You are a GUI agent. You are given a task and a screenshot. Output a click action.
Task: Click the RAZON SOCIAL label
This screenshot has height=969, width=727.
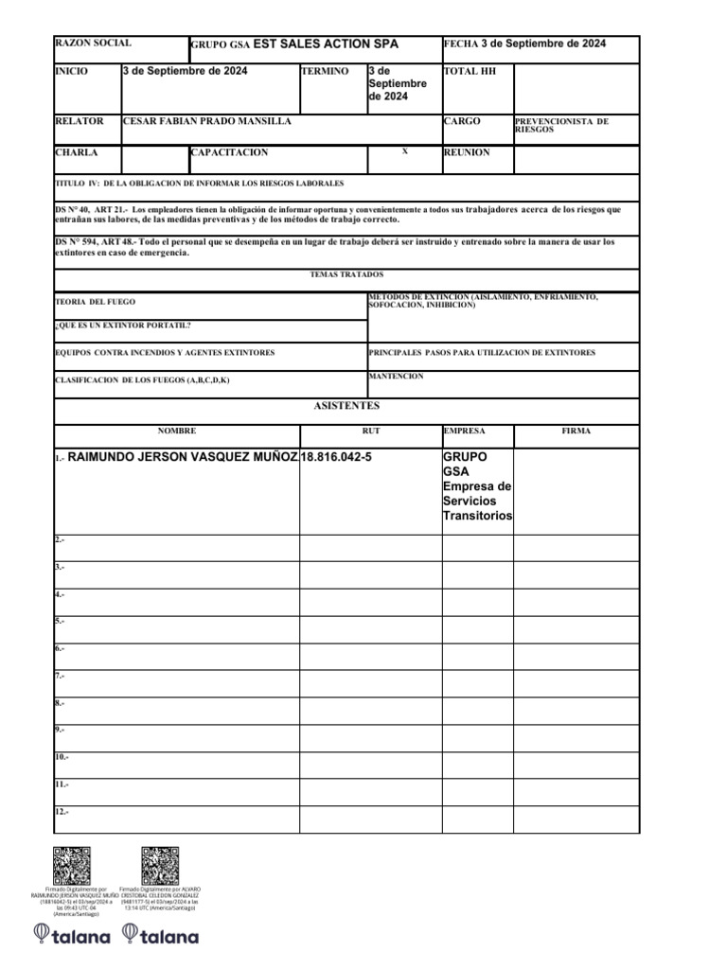93,44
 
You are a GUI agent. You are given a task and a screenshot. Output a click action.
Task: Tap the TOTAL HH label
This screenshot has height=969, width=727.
470,71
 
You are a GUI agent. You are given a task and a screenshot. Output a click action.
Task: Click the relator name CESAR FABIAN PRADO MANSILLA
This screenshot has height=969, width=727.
207,122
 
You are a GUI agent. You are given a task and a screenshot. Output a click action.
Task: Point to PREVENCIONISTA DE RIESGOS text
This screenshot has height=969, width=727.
561,125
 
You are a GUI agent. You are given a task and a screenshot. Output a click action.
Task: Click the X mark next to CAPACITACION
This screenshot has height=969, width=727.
404,151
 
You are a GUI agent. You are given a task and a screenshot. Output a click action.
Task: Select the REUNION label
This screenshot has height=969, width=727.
467,152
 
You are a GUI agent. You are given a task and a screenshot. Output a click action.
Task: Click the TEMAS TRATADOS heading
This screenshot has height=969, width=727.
346,274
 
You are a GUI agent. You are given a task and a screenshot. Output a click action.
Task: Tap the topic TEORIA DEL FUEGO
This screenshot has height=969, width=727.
97,302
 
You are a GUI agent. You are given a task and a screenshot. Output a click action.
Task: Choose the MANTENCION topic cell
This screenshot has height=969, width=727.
396,377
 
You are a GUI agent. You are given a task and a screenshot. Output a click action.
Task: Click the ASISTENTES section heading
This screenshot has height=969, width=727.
346,406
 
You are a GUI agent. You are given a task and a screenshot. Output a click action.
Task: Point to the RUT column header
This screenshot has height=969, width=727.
370,431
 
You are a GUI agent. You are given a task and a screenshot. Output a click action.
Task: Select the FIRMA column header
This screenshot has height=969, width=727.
576,431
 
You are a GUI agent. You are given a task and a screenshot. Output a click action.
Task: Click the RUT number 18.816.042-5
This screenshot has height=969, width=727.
336,457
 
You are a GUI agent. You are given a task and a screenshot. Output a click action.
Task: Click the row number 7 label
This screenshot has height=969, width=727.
60,676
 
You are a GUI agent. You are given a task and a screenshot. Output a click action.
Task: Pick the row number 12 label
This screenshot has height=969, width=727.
62,812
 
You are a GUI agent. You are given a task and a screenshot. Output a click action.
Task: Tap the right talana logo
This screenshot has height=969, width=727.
168,936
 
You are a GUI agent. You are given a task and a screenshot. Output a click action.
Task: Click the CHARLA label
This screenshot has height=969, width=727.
76,152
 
